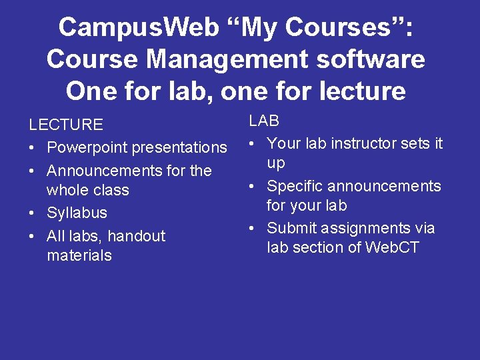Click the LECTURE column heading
65,125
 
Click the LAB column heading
264,121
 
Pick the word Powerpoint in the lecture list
88,147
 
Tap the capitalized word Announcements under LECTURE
106,171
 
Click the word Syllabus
77,213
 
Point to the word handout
136,236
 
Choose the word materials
79,255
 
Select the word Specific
296,186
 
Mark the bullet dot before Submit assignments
252,229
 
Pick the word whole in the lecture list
67,190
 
